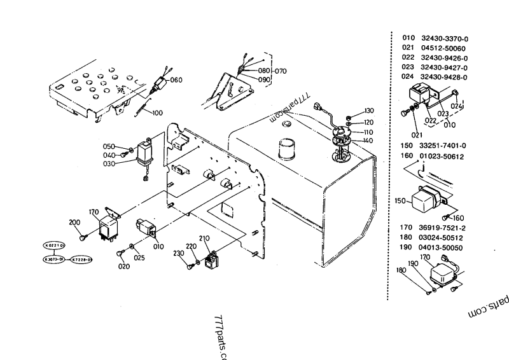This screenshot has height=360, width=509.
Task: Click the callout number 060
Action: [x=176, y=80]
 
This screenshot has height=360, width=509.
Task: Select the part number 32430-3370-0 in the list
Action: [x=444, y=38]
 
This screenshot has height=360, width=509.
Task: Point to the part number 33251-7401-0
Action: [x=444, y=145]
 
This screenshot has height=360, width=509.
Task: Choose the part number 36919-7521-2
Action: [x=444, y=227]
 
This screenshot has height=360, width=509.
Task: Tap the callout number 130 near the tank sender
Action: [x=369, y=111]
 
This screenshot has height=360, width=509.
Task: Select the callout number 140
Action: [x=368, y=140]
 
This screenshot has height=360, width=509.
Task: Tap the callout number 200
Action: [x=75, y=222]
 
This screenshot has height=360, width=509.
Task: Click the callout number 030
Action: [x=108, y=163]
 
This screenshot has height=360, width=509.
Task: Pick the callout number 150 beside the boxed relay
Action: [x=400, y=200]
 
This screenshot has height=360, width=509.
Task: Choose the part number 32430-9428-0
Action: [x=444, y=77]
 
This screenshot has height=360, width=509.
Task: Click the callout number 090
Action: [x=264, y=80]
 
